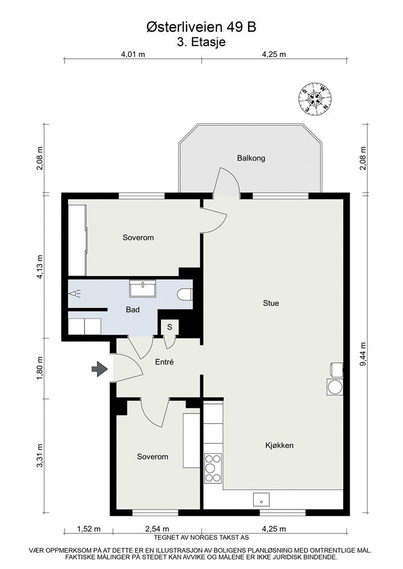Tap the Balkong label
coord(251,158)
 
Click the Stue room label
coord(271,303)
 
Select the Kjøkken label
coord(279,445)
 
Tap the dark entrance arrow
coord(100,369)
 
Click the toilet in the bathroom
coord(185,294)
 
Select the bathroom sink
coord(145,289)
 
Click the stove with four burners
coord(213,468)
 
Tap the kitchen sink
coord(261,499)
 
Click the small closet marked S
coord(169,327)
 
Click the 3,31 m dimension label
coord(40,456)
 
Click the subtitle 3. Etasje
coord(201,42)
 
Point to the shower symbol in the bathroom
coord(75,293)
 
